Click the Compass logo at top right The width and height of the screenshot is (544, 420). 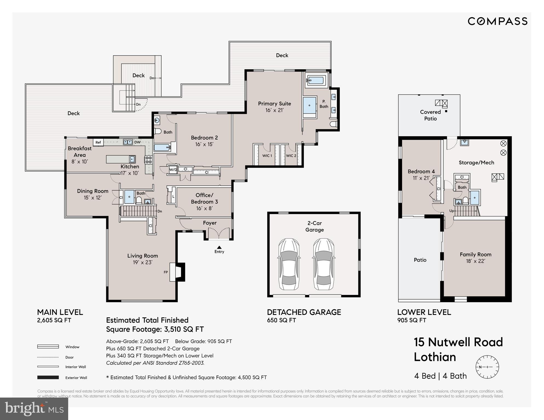tap(497, 21)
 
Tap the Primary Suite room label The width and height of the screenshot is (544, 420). tap(274, 104)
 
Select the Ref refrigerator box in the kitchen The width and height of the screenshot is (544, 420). tap(98, 142)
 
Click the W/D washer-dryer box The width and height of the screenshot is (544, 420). tap(173, 170)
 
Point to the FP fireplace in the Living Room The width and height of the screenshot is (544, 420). tap(177, 272)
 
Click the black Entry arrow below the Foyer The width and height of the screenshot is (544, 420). tap(219, 247)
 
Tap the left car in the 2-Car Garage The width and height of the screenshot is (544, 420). tap(289, 264)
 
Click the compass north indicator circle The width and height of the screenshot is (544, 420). tap(487, 367)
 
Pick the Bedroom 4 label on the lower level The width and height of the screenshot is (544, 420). tap(421, 172)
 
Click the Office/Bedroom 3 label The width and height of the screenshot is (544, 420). tap(204, 198)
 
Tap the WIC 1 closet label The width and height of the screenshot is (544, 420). tap(267, 156)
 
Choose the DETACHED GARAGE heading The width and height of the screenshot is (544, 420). tap(304, 312)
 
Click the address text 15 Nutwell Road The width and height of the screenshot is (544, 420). tap(458, 342)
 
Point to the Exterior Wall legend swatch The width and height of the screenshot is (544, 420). tap(48, 378)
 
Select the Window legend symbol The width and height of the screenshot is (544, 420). tap(48, 347)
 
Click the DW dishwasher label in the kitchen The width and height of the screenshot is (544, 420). tap(137, 142)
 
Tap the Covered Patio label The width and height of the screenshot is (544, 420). tap(430, 115)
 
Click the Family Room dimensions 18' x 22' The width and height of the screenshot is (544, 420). tap(476, 261)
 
